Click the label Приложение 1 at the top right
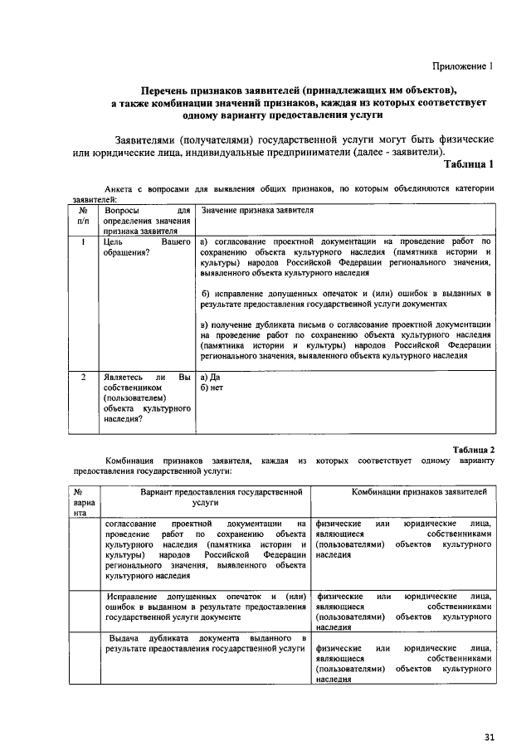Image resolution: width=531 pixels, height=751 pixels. click(x=462, y=66)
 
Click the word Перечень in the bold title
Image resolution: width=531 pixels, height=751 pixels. click(x=168, y=90)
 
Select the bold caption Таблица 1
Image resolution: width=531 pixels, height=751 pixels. click(x=469, y=163)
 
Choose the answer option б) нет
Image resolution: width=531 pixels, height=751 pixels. click(x=212, y=387)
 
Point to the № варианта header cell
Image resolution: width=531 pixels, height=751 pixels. click(x=84, y=502)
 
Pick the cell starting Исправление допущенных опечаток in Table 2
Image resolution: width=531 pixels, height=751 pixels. click(x=202, y=607)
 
